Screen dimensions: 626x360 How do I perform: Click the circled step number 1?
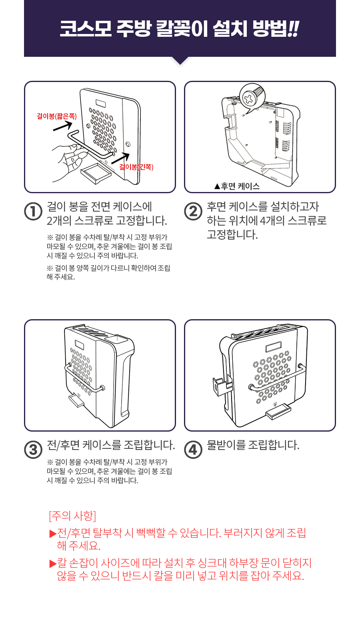(33, 211)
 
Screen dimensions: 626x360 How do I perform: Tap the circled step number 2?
(193, 211)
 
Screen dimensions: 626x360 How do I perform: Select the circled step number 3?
(33, 450)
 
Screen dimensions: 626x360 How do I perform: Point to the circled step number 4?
(193, 450)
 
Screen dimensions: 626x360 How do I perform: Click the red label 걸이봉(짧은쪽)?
(56, 116)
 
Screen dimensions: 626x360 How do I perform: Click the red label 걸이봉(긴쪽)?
(136, 167)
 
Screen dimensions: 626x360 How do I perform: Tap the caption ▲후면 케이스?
(237, 186)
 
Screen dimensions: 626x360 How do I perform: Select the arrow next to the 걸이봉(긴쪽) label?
(120, 158)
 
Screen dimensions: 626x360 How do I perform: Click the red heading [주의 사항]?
(72, 516)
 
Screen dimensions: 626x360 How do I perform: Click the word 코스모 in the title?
(85, 29)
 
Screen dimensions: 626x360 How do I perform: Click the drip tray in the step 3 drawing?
(76, 400)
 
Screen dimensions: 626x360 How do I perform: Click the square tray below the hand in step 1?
(96, 173)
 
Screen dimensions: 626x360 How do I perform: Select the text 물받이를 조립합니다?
(253, 445)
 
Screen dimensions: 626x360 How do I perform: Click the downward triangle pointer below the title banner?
(180, 60)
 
